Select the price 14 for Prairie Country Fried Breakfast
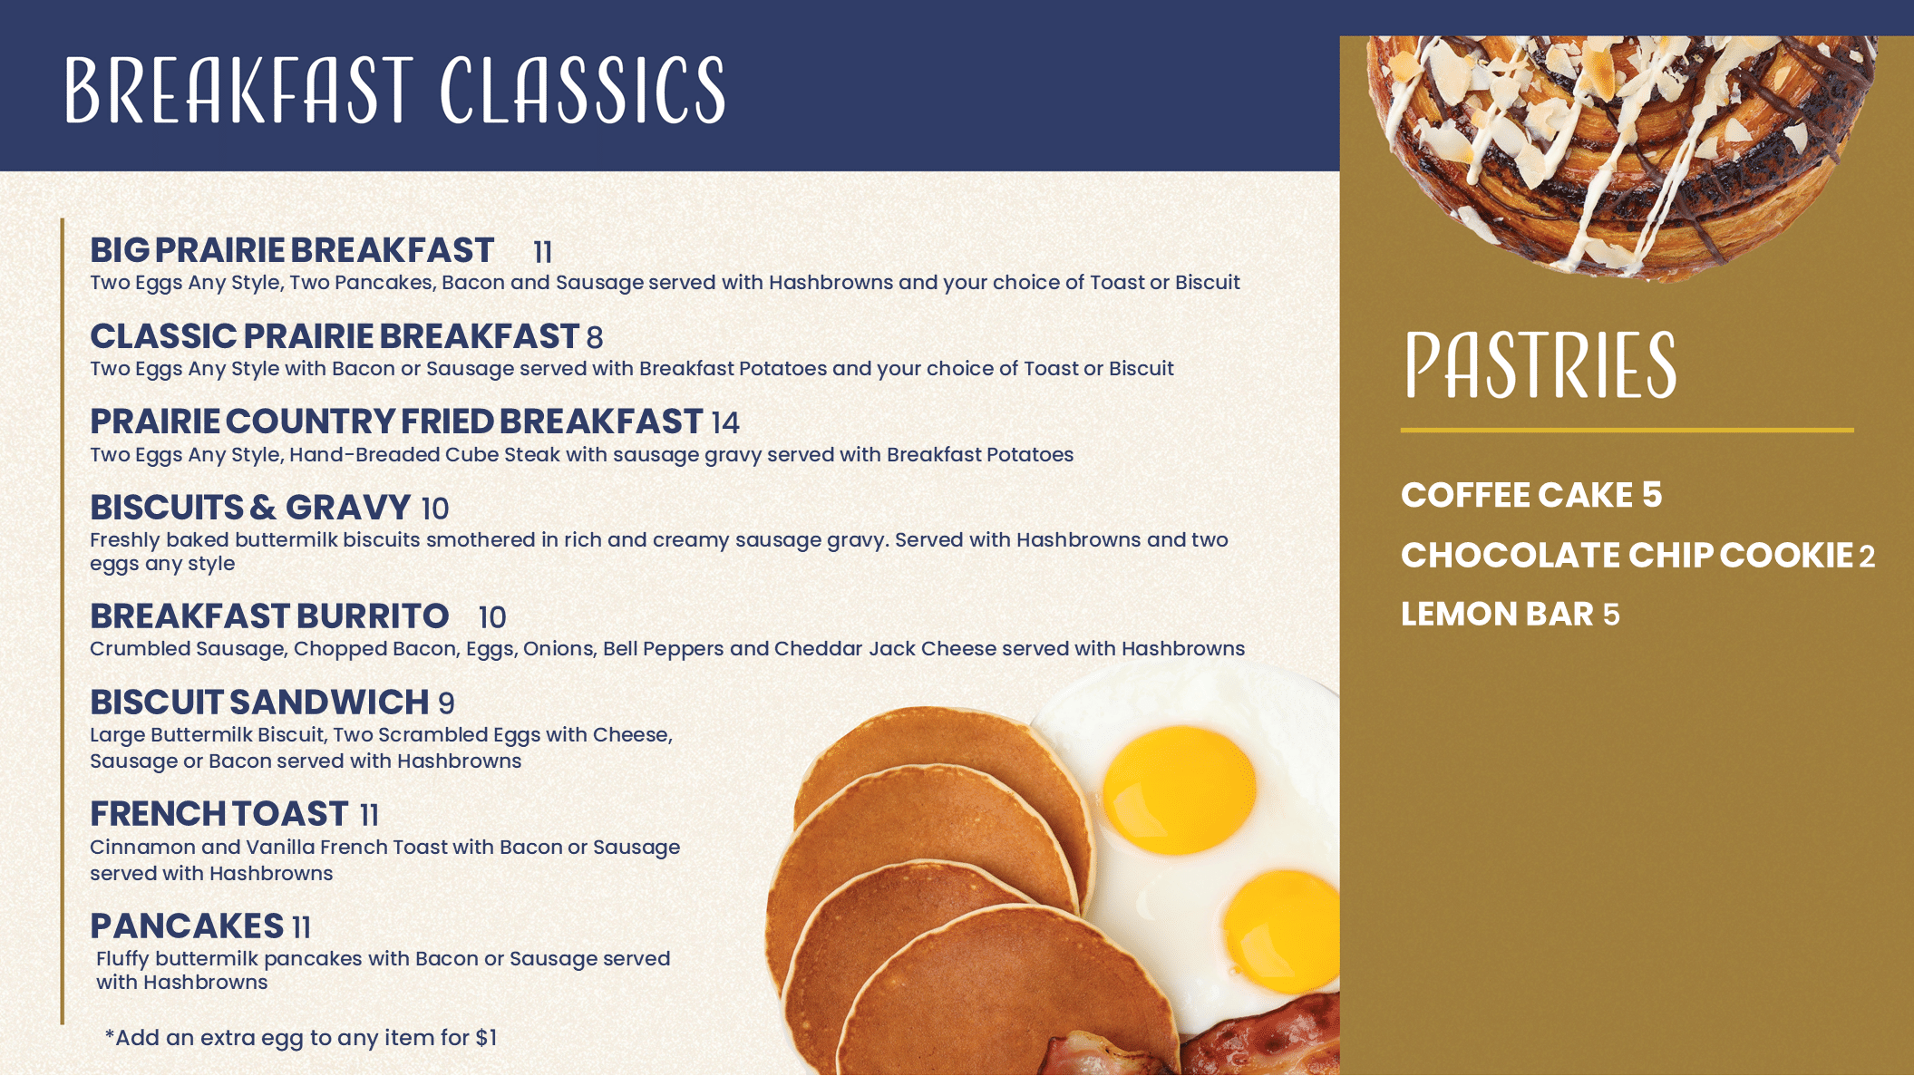[725, 422]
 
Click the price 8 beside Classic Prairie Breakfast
[595, 337]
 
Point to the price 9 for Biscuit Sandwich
[446, 703]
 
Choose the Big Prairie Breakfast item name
[292, 250]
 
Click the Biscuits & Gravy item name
[250, 508]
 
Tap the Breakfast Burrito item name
[269, 616]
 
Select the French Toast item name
[219, 814]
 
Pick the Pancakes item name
[187, 926]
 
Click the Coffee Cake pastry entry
[1531, 495]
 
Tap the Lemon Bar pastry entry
[1510, 614]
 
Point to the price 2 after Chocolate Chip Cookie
[1867, 557]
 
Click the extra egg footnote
[301, 1038]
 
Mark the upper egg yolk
[1179, 789]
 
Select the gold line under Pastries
[1627, 430]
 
